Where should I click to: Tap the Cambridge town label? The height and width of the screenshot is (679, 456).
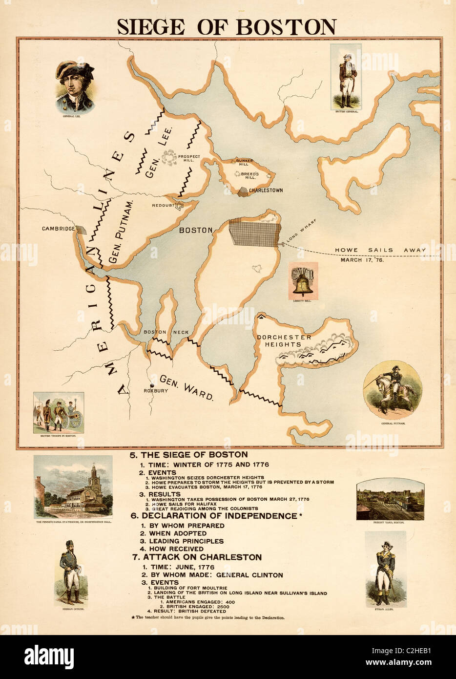coord(58,229)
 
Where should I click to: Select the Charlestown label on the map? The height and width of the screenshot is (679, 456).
coord(266,191)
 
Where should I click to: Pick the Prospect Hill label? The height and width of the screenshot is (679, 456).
coord(189,158)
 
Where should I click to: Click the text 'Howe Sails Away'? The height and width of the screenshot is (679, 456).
coord(380,250)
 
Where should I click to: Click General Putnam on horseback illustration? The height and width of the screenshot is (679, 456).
coord(393,389)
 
